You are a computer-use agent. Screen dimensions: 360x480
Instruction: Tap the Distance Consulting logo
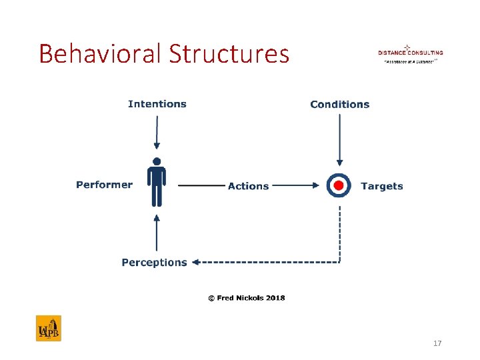410,54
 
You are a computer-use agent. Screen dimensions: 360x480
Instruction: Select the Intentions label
157,104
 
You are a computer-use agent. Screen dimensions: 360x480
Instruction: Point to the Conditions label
339,104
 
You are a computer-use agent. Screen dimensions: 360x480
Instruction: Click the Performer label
104,185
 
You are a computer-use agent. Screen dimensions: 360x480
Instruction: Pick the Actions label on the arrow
248,186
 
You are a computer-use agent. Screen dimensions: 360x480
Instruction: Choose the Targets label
381,186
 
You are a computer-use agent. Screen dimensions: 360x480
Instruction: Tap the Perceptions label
154,263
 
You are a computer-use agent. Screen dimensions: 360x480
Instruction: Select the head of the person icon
157,161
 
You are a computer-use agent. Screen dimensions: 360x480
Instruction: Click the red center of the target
339,185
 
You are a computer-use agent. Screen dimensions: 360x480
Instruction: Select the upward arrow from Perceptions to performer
157,233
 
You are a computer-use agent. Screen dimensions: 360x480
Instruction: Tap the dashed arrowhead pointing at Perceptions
195,263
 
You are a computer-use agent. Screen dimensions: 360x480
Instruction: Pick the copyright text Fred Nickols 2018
246,297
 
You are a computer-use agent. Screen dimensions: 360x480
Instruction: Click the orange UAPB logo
48,328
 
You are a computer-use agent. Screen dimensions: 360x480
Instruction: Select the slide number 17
437,343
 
